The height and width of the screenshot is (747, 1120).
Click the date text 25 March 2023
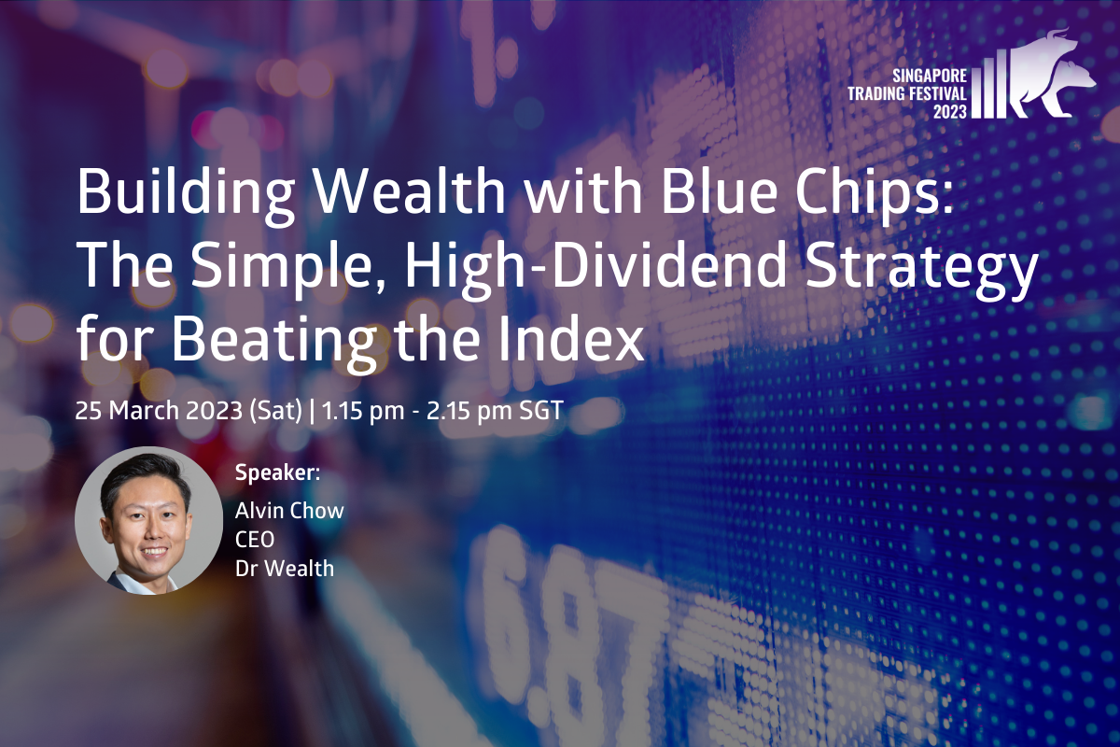pos(159,410)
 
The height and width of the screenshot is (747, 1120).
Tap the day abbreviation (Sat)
pos(275,411)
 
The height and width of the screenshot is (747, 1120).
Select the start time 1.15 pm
pos(362,411)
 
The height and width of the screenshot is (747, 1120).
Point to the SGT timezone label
pos(541,411)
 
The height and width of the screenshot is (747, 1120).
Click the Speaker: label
pos(277,472)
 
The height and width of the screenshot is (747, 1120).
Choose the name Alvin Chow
pos(289,511)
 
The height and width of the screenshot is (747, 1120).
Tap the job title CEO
pos(255,540)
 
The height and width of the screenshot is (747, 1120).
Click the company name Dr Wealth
pos(285,569)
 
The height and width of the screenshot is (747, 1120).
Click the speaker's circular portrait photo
pos(148,520)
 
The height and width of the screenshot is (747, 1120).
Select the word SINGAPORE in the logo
pos(929,76)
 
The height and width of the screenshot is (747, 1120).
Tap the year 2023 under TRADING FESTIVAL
pos(949,111)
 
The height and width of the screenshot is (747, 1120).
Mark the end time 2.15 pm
pos(469,411)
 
